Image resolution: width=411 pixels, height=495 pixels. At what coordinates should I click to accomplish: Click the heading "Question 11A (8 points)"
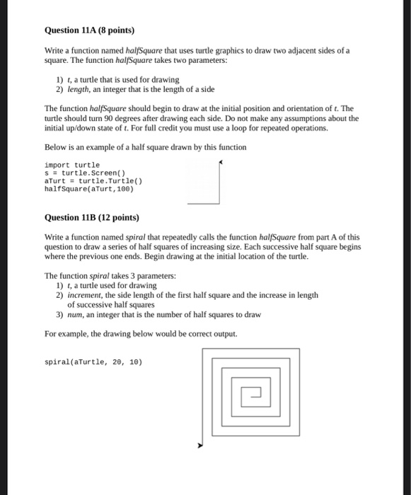pyautogui.click(x=89, y=31)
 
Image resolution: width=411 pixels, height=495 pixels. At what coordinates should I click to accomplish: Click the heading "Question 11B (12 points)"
pyautogui.click(x=91, y=218)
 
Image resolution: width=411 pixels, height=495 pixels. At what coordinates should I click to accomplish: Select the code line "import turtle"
pyautogui.click(x=72, y=165)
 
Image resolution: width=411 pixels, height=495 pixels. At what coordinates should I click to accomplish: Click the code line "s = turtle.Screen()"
pyautogui.click(x=84, y=173)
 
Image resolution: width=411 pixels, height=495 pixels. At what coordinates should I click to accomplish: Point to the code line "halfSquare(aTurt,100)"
pyautogui.click(x=88, y=189)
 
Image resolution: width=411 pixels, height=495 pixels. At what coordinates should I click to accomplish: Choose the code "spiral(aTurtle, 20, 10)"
pyautogui.click(x=93, y=361)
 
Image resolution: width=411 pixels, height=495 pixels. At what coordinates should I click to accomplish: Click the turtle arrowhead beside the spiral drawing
pyautogui.click(x=200, y=446)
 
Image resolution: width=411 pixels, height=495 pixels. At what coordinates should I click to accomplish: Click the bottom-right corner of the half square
pyautogui.click(x=218, y=203)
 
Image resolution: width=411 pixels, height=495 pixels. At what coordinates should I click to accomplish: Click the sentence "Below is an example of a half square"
pyautogui.click(x=145, y=147)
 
